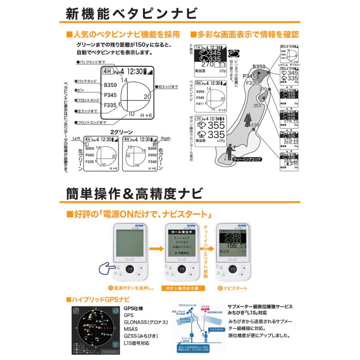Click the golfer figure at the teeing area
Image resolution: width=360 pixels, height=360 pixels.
229,154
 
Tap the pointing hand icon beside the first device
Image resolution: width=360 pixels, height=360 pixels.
108,269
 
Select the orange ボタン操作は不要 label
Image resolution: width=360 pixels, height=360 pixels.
183,288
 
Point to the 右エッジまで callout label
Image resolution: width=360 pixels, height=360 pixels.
168,86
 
